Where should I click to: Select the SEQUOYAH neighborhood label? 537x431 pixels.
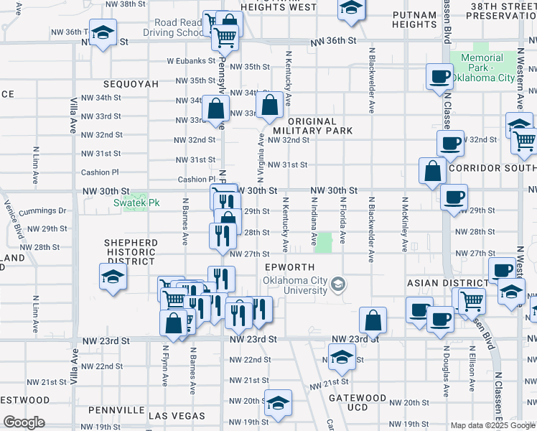point(130,84)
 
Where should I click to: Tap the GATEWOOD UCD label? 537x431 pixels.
point(358,402)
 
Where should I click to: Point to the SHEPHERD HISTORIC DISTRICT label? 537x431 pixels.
point(130,252)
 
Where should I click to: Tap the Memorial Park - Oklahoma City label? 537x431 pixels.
point(482,68)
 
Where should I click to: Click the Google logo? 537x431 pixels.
point(24,422)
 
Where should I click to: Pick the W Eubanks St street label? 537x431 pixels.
point(187,62)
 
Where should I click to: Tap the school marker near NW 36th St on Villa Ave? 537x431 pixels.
point(103,33)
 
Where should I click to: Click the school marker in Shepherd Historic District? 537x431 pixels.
point(113,277)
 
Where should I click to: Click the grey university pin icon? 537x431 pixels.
point(337,285)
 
